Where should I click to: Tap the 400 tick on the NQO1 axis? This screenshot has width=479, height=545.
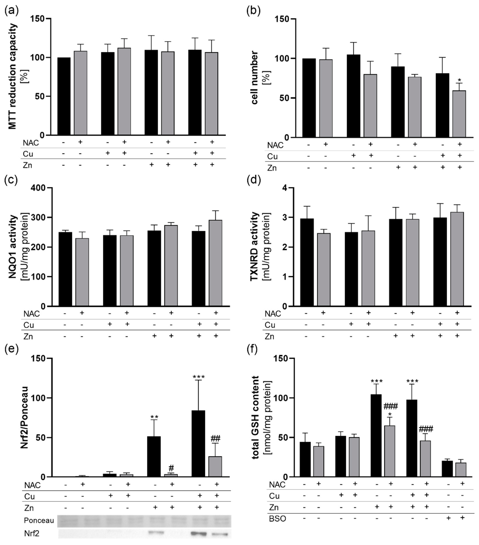pyautogui.click(x=39, y=188)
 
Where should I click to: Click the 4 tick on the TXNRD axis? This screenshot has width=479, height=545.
pyautogui.click(x=285, y=188)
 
